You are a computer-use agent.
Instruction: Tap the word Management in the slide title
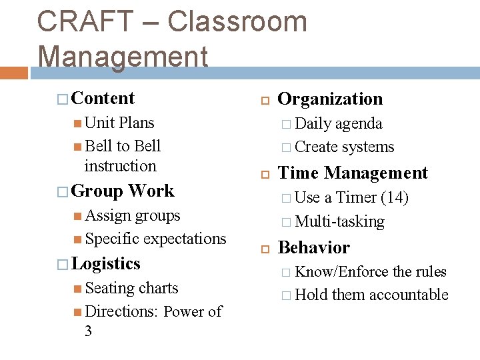click(123, 56)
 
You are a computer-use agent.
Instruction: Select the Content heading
click(103, 98)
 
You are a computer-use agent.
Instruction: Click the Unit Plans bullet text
click(119, 123)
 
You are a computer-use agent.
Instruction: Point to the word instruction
click(121, 166)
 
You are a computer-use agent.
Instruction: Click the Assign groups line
click(133, 215)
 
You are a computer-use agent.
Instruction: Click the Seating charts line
click(131, 288)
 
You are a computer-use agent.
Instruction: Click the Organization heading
click(330, 99)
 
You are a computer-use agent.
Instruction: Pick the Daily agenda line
click(339, 123)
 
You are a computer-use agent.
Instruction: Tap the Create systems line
click(344, 147)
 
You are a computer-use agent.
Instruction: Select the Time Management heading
click(353, 173)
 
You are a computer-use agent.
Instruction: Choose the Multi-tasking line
click(339, 221)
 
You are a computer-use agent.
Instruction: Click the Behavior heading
click(313, 247)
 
